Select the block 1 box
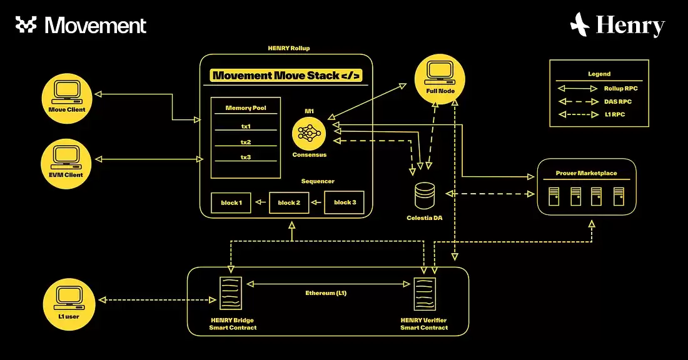click(231, 203)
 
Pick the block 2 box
click(289, 203)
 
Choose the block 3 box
click(345, 203)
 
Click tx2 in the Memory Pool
click(245, 142)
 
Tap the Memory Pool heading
click(245, 108)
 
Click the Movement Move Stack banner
click(286, 76)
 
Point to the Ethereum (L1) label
click(326, 293)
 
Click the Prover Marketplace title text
click(586, 173)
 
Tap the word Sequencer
click(318, 181)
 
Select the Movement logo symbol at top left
click(26, 25)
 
